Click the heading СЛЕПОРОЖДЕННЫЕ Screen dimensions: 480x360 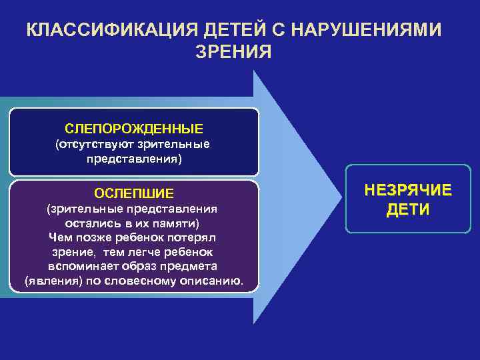[x=134, y=127]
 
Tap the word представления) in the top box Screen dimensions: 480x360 [x=134, y=159]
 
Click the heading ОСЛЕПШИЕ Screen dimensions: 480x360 [x=134, y=193]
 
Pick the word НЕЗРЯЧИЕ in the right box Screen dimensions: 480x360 [x=408, y=191]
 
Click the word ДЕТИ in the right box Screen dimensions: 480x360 [x=408, y=210]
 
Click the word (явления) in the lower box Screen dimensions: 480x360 [x=51, y=281]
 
